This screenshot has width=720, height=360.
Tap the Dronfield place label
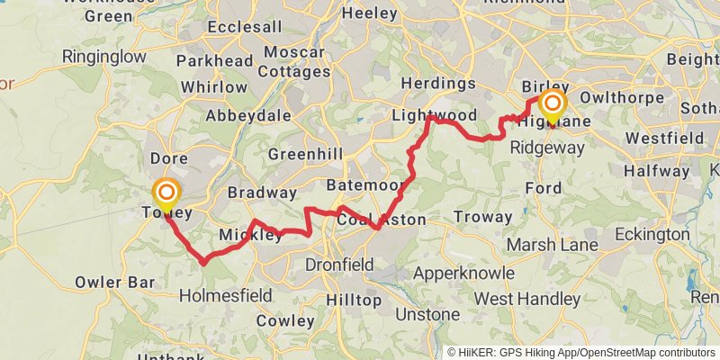(x=339, y=265)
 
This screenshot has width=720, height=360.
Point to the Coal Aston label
(x=382, y=220)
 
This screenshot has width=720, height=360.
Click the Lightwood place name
(x=434, y=116)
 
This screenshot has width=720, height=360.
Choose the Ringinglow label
(x=103, y=57)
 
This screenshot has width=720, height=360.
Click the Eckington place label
(x=652, y=234)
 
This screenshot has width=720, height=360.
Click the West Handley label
(x=527, y=298)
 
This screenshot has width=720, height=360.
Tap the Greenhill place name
(x=306, y=155)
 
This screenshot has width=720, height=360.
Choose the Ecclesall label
(x=245, y=27)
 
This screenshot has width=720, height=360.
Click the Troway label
(x=483, y=217)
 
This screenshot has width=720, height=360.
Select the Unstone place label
(x=427, y=314)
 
